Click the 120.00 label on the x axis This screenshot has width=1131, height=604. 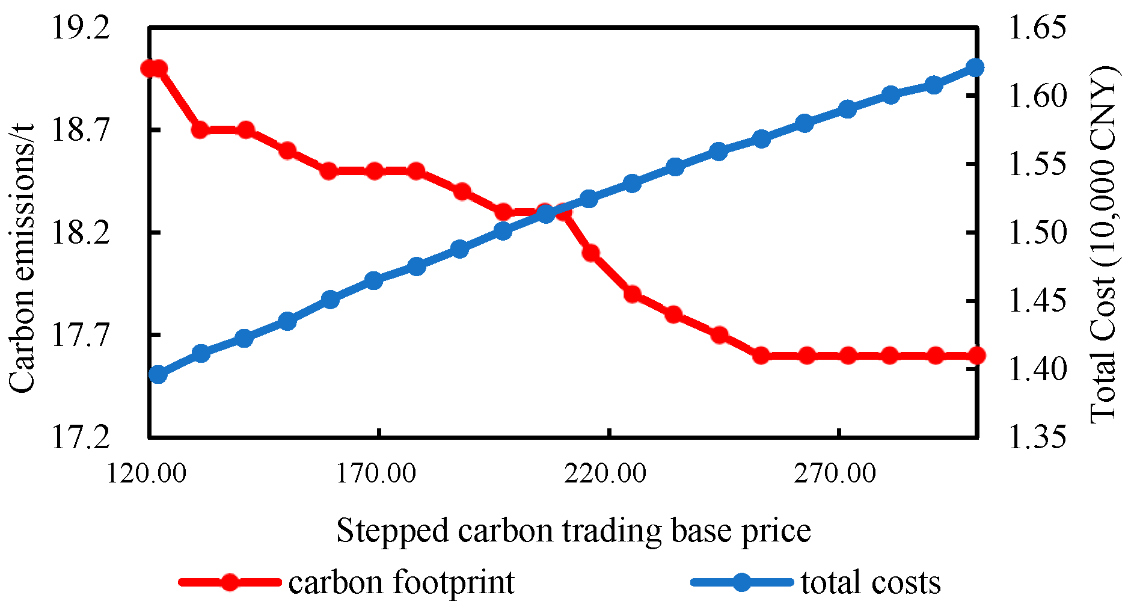click(147, 473)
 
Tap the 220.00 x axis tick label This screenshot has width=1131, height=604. click(606, 473)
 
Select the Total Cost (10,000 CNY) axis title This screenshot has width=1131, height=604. click(1103, 244)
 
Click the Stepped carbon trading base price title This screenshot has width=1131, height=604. click(573, 531)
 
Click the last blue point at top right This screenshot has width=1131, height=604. click(975, 67)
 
